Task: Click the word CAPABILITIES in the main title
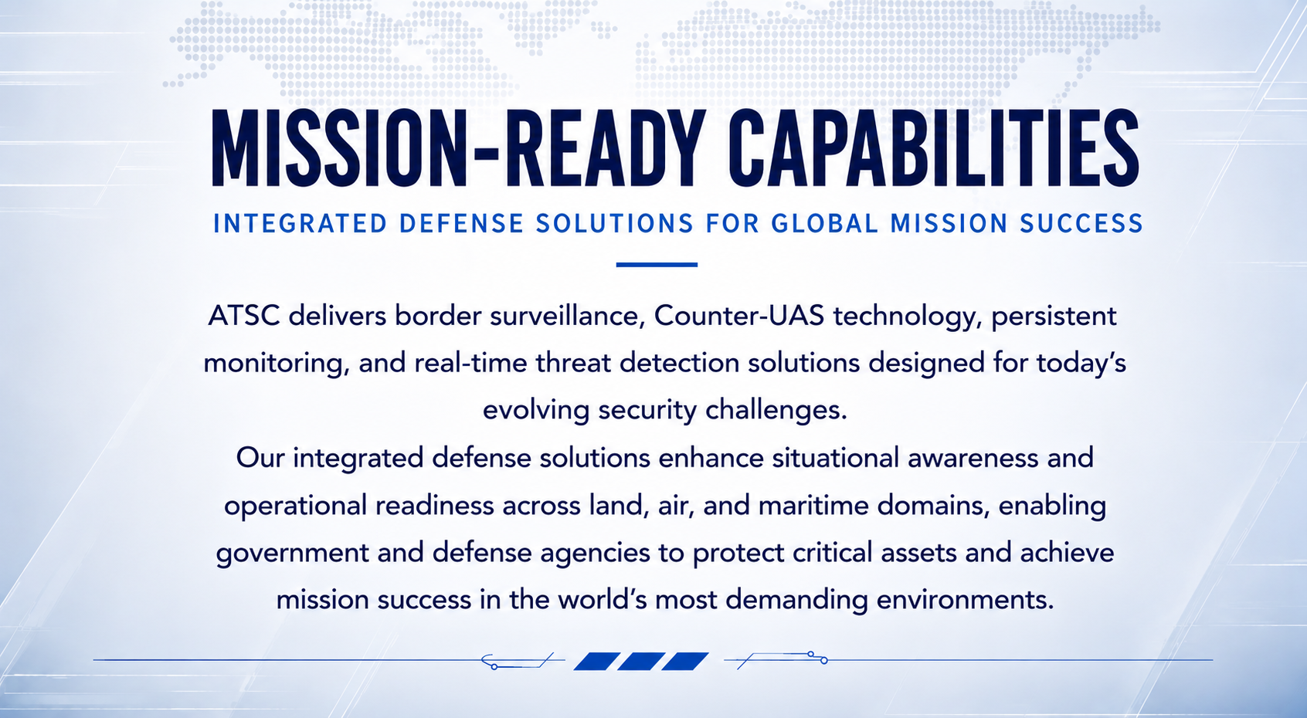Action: point(933,148)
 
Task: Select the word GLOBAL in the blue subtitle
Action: point(825,224)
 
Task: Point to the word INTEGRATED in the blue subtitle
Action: point(300,224)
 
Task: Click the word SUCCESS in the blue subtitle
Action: point(1081,224)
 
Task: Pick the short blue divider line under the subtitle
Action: point(657,265)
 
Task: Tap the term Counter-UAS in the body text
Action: point(738,316)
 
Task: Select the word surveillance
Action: point(566,317)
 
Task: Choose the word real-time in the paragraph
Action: point(470,364)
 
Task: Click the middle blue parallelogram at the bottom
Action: point(640,662)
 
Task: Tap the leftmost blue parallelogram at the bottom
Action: point(597,662)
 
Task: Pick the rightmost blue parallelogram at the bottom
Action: point(685,662)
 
